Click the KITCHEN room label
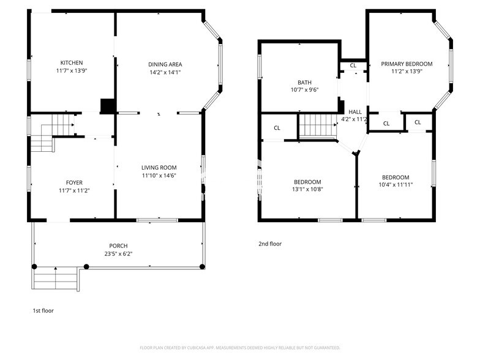click(71, 63)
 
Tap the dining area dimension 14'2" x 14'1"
click(165, 72)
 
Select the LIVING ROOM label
click(159, 168)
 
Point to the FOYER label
click(74, 182)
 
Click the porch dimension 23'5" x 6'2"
click(119, 253)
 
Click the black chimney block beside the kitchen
click(108, 106)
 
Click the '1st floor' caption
click(43, 311)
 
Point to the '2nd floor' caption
click(269, 244)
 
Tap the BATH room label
click(304, 82)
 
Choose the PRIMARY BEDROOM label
click(407, 64)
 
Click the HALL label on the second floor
click(355, 111)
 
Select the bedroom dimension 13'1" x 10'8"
click(307, 190)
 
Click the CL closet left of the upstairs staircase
click(277, 128)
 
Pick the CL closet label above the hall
click(353, 66)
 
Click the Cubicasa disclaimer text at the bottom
click(239, 347)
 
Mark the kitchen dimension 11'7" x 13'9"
click(71, 72)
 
